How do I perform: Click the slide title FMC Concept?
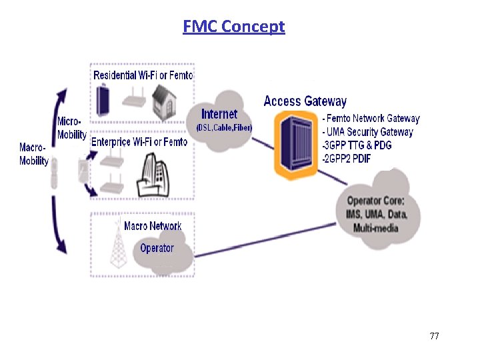[x=233, y=27]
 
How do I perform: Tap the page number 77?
[x=434, y=336]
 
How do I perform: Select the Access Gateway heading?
[x=305, y=101]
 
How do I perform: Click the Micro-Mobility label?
[x=71, y=128]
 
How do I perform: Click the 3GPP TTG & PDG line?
[x=357, y=145]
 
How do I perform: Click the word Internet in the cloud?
[x=219, y=114]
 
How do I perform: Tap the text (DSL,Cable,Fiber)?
[x=224, y=127]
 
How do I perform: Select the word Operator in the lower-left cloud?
[x=157, y=248]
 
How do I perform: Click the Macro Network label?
[x=153, y=226]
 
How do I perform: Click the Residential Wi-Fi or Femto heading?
[x=143, y=75]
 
